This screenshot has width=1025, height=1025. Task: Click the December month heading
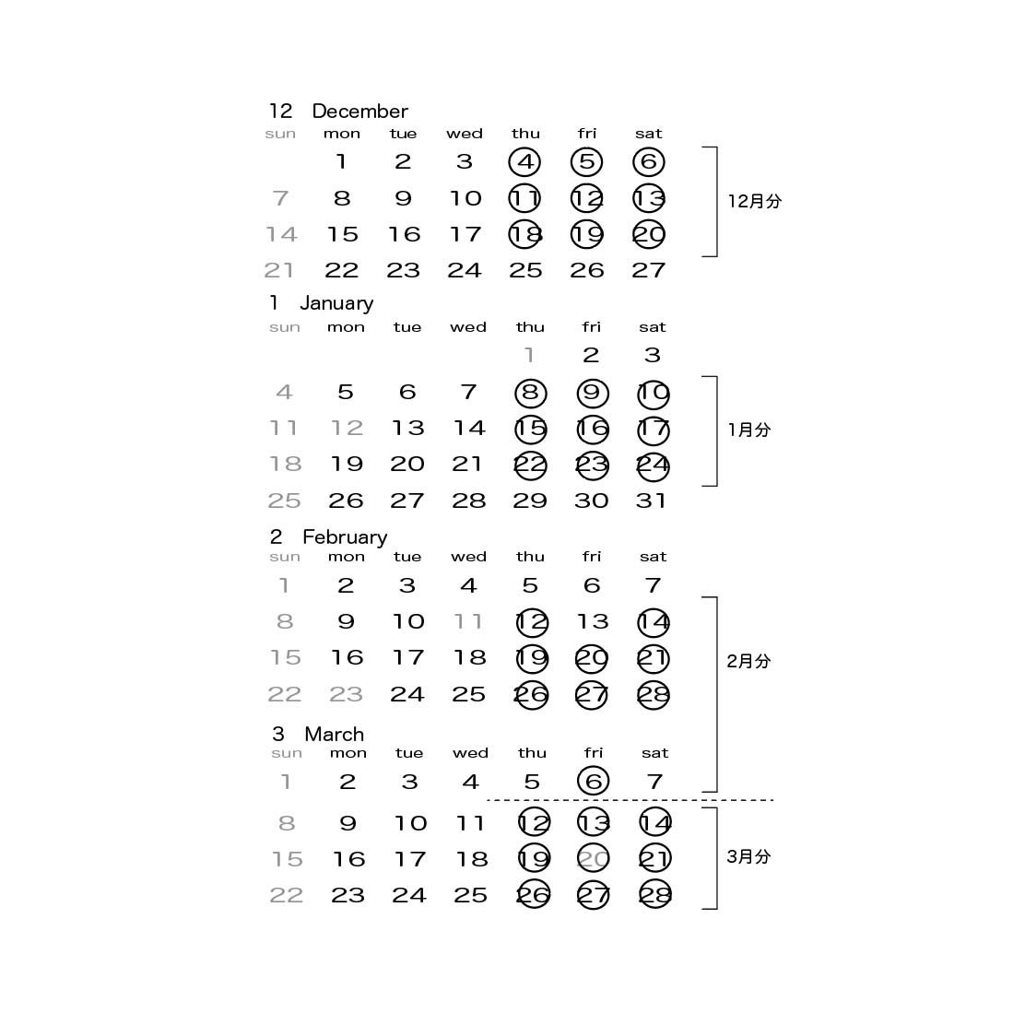[359, 112]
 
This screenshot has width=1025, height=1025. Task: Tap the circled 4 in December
[524, 162]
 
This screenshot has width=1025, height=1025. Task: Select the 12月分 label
[754, 201]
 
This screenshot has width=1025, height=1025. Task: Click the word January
[336, 303]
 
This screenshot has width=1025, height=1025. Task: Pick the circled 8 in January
[530, 393]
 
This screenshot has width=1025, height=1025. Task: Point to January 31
[651, 501]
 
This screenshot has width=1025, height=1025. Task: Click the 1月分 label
[748, 430]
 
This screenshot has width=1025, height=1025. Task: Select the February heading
[344, 537]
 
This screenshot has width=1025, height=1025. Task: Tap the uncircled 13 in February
[593, 622]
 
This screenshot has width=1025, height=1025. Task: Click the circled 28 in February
[654, 695]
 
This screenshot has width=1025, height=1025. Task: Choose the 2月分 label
[748, 661]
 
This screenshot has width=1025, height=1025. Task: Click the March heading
[334, 735]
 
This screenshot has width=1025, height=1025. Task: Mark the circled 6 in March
[593, 782]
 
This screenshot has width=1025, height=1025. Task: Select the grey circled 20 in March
[593, 859]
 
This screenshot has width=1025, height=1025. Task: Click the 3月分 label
[748, 856]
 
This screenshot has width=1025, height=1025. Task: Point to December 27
[649, 270]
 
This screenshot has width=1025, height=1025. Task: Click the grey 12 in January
[347, 429]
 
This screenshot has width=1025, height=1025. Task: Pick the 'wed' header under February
[468, 557]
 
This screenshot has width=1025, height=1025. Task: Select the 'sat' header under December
[649, 134]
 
